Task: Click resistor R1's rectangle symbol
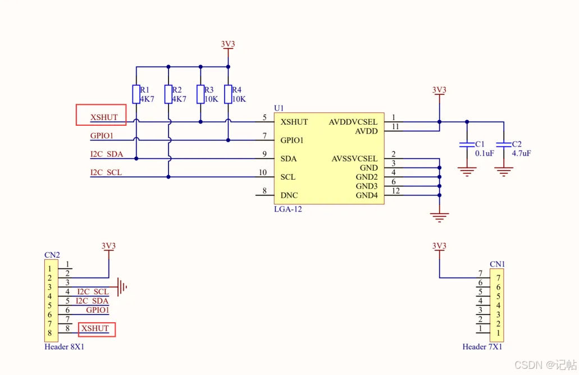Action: point(136,94)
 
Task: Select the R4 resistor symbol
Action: point(228,94)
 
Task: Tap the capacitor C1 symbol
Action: point(467,144)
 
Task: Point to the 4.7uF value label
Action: point(521,153)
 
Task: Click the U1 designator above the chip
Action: point(279,108)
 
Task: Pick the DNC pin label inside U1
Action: point(289,195)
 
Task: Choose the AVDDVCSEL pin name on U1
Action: point(353,122)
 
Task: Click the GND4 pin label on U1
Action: point(367,195)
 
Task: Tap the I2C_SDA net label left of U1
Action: point(107,154)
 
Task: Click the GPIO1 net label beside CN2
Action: point(98,310)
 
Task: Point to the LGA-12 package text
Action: point(288,209)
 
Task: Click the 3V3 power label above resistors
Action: point(228,44)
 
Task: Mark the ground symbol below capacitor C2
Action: point(504,172)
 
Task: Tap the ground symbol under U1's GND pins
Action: point(439,217)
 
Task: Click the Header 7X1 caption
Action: point(482,346)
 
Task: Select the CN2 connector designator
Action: point(52,255)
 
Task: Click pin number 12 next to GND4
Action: point(395,191)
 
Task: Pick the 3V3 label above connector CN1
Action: point(439,246)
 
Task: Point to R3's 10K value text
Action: point(211,99)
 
